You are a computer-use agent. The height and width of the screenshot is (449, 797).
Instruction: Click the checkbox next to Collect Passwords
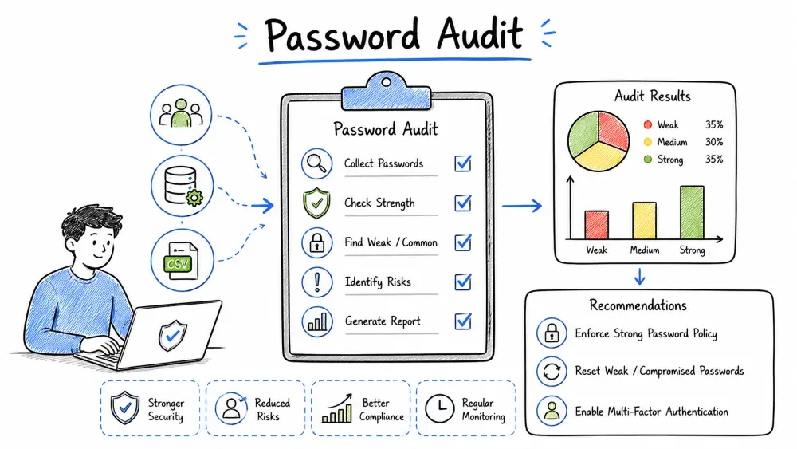(462, 163)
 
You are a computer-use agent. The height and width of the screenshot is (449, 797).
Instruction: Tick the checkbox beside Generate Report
(462, 321)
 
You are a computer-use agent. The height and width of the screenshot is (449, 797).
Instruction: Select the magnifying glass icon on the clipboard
(316, 163)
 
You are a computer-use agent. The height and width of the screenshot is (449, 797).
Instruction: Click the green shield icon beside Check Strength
(316, 203)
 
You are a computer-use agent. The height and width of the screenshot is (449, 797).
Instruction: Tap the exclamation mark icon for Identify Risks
(316, 282)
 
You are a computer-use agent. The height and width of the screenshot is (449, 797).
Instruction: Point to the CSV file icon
(182, 260)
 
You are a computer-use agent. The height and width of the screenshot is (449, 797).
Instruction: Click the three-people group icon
(181, 114)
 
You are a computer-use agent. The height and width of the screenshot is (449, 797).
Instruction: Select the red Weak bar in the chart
(596, 225)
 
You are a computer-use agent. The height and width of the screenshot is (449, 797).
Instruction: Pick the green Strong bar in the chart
(692, 212)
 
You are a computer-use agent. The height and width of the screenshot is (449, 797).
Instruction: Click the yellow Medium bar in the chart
(644, 220)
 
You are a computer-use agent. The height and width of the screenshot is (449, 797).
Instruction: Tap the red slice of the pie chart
(613, 130)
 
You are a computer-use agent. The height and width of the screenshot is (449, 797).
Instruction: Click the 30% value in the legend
(713, 142)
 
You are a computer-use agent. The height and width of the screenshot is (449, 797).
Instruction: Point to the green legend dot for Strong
(647, 160)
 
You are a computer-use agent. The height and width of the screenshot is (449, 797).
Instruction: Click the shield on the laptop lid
(173, 335)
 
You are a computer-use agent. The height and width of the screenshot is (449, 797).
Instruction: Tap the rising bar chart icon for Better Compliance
(337, 409)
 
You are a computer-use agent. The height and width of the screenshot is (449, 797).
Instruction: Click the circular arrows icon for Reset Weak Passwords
(552, 371)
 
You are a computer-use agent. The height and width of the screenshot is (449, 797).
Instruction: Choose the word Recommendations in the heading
(638, 305)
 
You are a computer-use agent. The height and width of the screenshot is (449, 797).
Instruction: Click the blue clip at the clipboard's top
(387, 92)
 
